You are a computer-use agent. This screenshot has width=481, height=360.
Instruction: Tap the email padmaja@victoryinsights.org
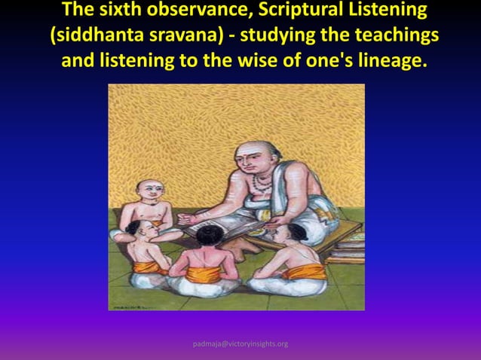(240, 344)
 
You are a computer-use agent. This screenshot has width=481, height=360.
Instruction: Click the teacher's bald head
(248, 151)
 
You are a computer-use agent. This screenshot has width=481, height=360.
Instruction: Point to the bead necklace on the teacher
(261, 183)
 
